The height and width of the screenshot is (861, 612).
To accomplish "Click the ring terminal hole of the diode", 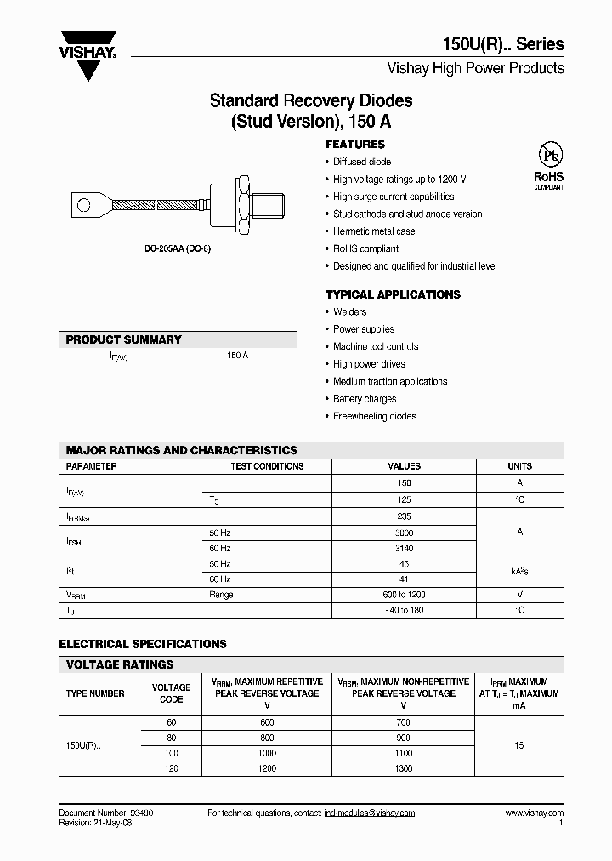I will pyautogui.click(x=83, y=204).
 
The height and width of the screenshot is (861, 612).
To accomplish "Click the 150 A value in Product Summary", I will pyautogui.click(x=237, y=355).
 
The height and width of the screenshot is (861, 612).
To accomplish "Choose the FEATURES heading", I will pyautogui.click(x=354, y=145).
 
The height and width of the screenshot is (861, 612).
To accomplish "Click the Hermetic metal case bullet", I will pyautogui.click(x=374, y=231).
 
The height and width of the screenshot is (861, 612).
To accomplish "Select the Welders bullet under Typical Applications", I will pyautogui.click(x=349, y=311).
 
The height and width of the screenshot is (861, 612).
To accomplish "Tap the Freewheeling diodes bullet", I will pyautogui.click(x=374, y=416).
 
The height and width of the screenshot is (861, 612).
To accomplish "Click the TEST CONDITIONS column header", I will pyautogui.click(x=267, y=466).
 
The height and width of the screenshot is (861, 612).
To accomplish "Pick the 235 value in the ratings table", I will pyautogui.click(x=404, y=516).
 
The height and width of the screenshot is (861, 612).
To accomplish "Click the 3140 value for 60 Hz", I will pyautogui.click(x=404, y=549).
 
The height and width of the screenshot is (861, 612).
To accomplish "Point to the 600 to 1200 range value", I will pyautogui.click(x=404, y=595).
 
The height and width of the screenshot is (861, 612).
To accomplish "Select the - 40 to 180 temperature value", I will pyautogui.click(x=404, y=611).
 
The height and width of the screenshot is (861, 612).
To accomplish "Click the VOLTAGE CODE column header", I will pyautogui.click(x=171, y=693).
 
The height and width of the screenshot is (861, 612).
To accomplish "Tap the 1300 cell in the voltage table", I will pyautogui.click(x=404, y=768).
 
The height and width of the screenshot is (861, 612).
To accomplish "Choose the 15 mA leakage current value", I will pyautogui.click(x=519, y=745).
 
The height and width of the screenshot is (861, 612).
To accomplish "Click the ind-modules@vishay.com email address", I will pyautogui.click(x=370, y=813).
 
